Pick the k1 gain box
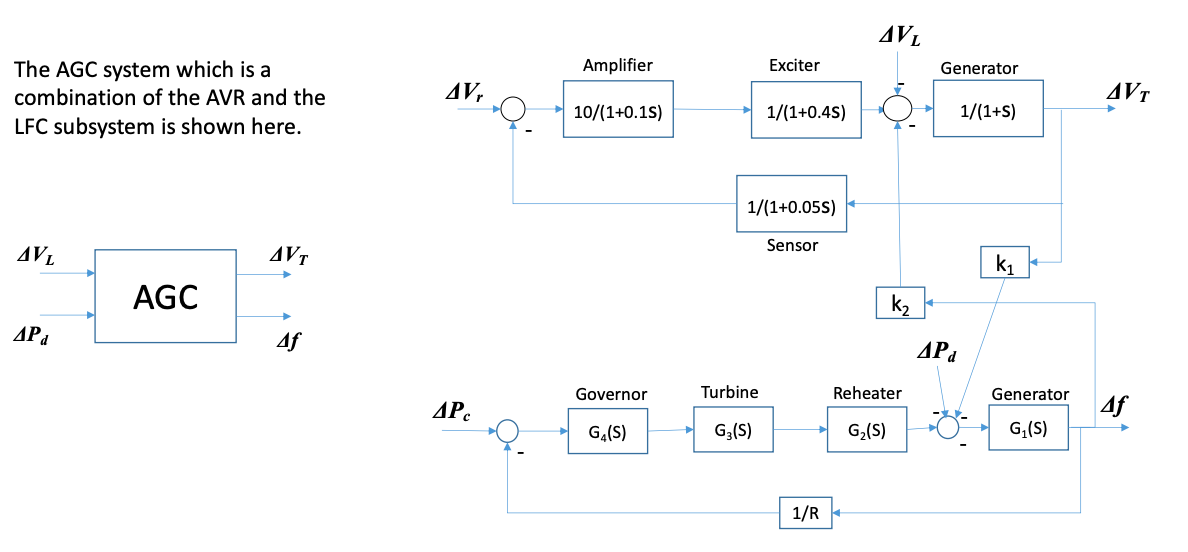[1007, 263]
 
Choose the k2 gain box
[900, 302]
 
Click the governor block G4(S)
[608, 432]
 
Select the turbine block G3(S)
[732, 431]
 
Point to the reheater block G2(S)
[865, 431]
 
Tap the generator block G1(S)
[1029, 430]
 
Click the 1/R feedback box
[806, 514]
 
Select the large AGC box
[165, 296]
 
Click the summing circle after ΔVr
[513, 108]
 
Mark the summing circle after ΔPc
[508, 431]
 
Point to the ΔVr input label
[464, 93]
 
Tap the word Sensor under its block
[792, 245]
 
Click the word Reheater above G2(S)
[867, 394]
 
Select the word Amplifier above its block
[618, 65]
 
